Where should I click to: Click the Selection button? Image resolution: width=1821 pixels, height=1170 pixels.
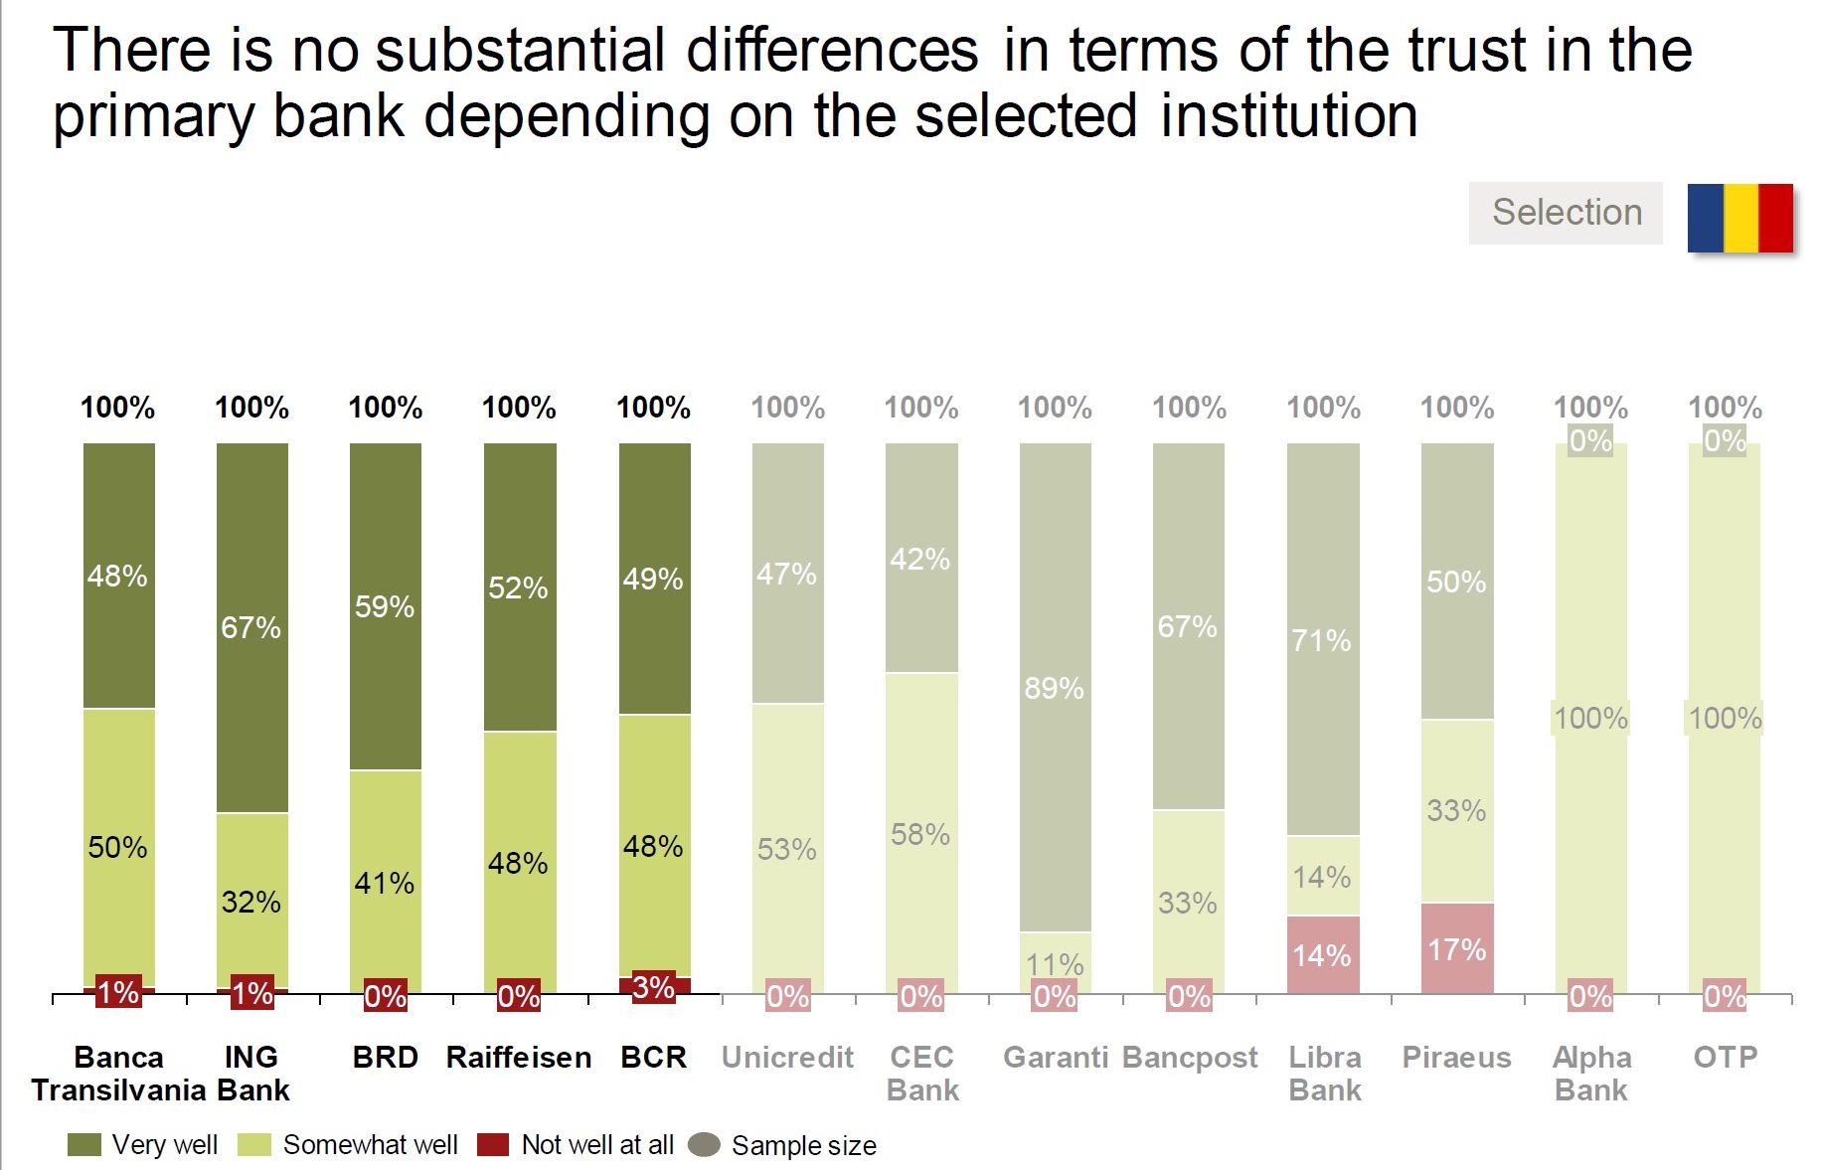pyautogui.click(x=1566, y=213)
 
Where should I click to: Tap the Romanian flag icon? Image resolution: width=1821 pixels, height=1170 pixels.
pyautogui.click(x=1739, y=218)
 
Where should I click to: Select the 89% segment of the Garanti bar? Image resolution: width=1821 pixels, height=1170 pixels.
pyautogui.click(x=1055, y=688)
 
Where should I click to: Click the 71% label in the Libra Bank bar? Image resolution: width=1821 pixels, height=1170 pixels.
pyautogui.click(x=1321, y=641)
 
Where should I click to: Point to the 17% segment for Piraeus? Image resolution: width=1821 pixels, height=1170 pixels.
pyautogui.click(x=1456, y=949)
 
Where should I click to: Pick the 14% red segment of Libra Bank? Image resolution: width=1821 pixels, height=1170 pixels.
pyautogui.click(x=1322, y=955)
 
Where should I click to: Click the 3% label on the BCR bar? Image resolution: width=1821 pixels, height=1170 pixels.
pyautogui.click(x=653, y=987)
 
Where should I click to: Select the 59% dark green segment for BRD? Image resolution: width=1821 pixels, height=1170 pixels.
pyautogui.click(x=386, y=606)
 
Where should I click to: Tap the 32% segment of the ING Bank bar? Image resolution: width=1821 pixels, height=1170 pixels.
pyautogui.click(x=251, y=902)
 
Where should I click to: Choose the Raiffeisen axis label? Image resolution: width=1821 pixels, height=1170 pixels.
pyautogui.click(x=519, y=1058)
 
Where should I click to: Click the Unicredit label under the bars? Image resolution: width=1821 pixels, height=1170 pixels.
pyautogui.click(x=787, y=1058)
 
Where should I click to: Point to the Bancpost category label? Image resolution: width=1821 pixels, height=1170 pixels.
pyautogui.click(x=1190, y=1058)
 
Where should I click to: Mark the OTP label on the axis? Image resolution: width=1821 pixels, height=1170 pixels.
pyautogui.click(x=1725, y=1058)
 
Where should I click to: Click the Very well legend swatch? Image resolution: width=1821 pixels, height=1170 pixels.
pyautogui.click(x=84, y=1145)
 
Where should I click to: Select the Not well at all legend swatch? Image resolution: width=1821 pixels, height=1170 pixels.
pyautogui.click(x=493, y=1145)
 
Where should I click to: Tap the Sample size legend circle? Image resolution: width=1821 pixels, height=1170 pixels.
pyautogui.click(x=704, y=1145)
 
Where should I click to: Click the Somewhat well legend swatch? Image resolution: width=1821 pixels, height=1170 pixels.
pyautogui.click(x=254, y=1145)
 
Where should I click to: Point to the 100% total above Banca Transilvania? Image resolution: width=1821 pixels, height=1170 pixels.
pyautogui.click(x=117, y=408)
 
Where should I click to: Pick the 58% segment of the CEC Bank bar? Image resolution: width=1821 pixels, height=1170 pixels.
pyautogui.click(x=920, y=834)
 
